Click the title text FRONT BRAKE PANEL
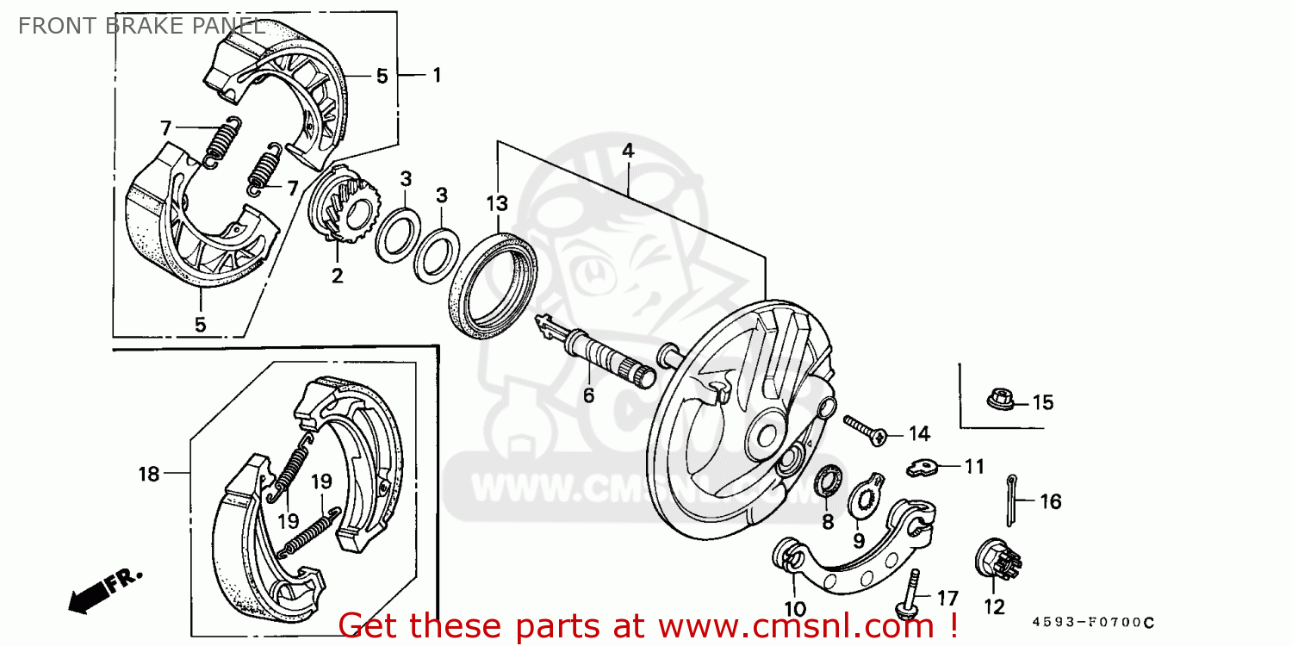tap(140, 26)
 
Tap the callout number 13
tap(497, 205)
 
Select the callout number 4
tap(628, 151)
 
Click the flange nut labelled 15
tap(998, 400)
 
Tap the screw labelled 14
tap(864, 430)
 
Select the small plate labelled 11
tap(922, 467)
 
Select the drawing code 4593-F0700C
tap(1092, 622)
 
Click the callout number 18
tap(149, 474)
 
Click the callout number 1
tap(437, 75)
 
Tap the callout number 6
tap(588, 395)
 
